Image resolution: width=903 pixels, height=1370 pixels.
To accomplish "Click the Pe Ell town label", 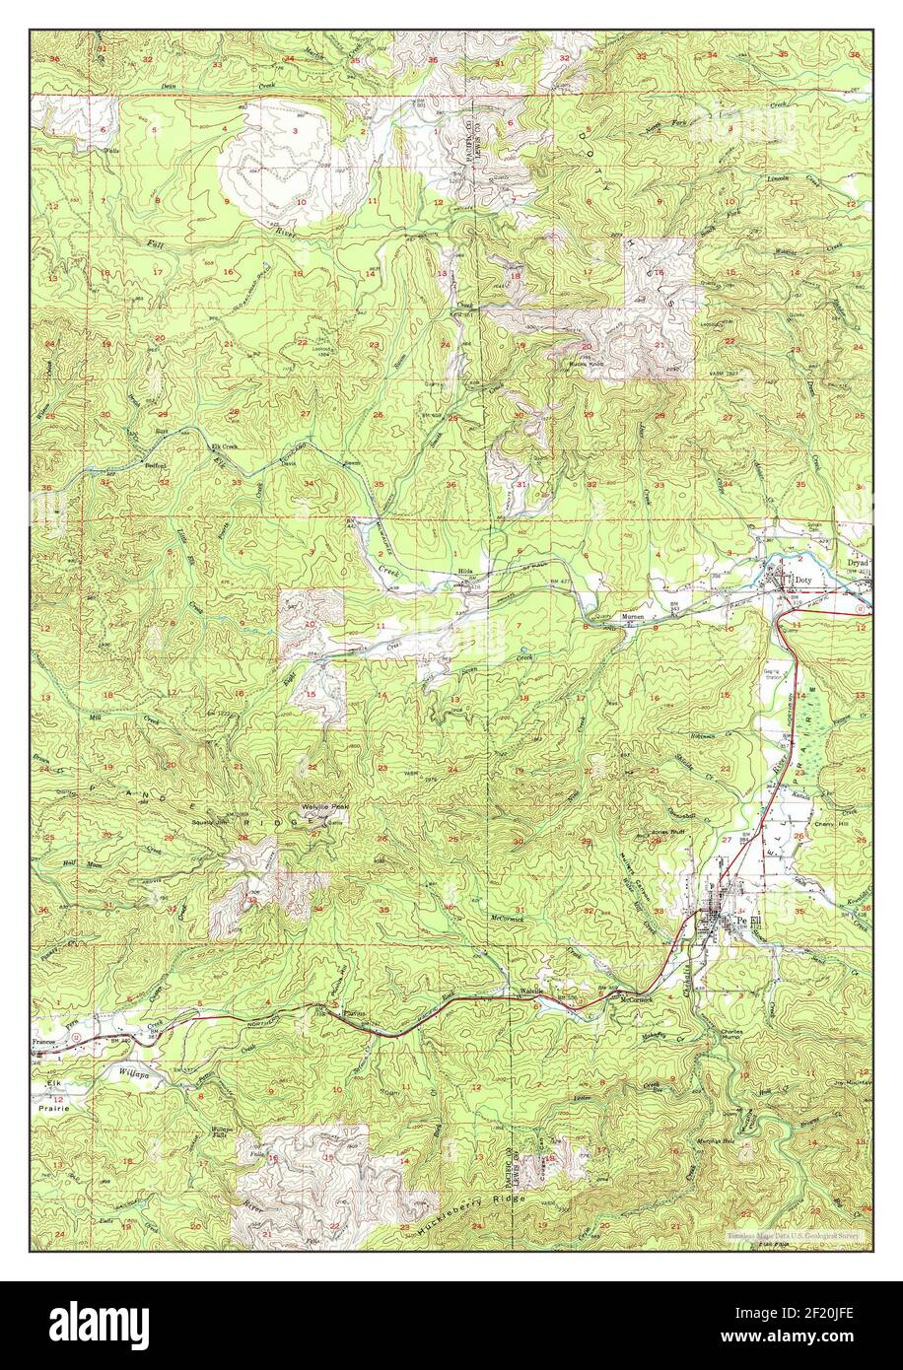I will [x=749, y=921].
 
